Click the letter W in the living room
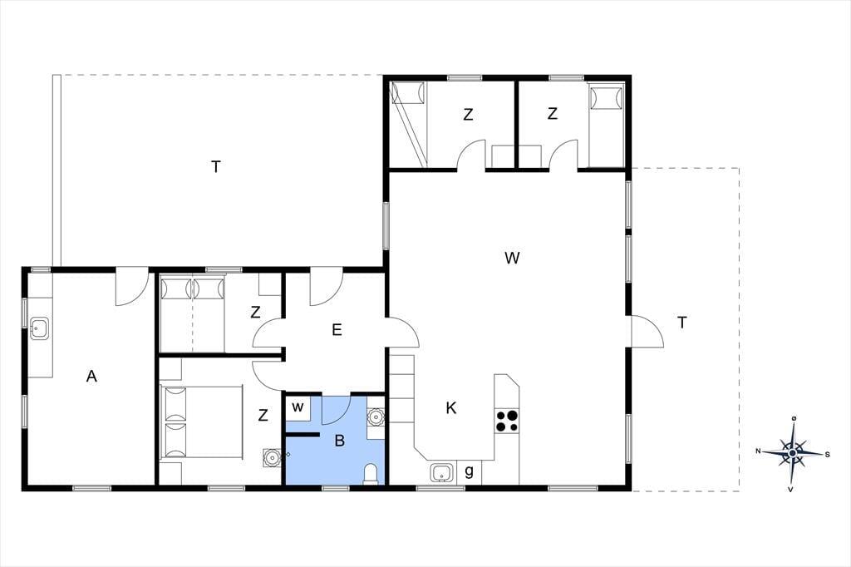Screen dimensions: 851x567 (x=512, y=258)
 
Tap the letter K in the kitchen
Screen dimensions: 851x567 (x=451, y=408)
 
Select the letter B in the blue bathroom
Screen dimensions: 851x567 (x=340, y=441)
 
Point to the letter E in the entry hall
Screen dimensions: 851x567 (x=337, y=330)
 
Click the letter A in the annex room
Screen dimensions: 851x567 (x=91, y=376)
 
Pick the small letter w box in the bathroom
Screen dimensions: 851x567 (x=298, y=407)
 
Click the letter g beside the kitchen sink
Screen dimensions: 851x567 (x=470, y=471)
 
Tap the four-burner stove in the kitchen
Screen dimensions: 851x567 (x=507, y=421)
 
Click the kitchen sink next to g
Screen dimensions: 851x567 (x=444, y=472)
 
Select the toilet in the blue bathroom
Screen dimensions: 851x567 (x=371, y=474)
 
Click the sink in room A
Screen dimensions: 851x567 (x=39, y=328)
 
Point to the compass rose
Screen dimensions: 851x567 (x=792, y=452)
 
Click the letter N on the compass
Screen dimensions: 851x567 (x=758, y=451)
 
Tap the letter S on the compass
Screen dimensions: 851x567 (x=827, y=455)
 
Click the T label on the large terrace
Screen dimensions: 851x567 (x=216, y=167)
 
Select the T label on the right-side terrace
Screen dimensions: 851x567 (x=681, y=323)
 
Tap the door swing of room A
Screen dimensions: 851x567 (x=132, y=286)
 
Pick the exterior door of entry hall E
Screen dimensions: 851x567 (x=326, y=286)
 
